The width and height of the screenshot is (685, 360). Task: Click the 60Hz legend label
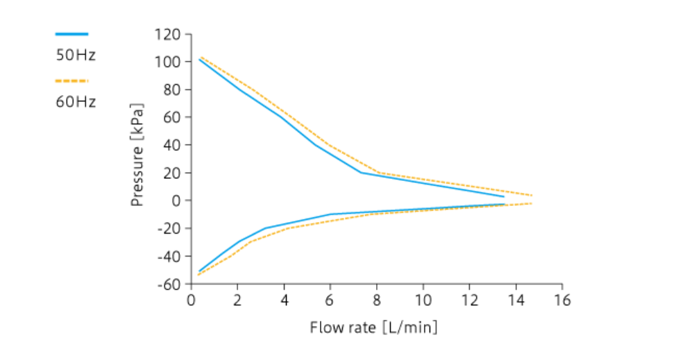point(76,102)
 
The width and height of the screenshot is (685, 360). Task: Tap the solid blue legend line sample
point(71,33)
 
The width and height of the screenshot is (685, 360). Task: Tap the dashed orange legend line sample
point(71,80)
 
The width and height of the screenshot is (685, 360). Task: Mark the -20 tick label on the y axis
point(171,228)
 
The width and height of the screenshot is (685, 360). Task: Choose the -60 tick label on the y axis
point(171,284)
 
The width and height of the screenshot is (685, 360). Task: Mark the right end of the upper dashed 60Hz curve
point(532,195)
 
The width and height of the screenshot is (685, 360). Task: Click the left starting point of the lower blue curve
point(199,271)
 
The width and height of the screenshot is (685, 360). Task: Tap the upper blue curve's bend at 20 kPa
point(362,173)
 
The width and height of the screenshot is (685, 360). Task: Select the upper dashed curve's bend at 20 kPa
point(378,173)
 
